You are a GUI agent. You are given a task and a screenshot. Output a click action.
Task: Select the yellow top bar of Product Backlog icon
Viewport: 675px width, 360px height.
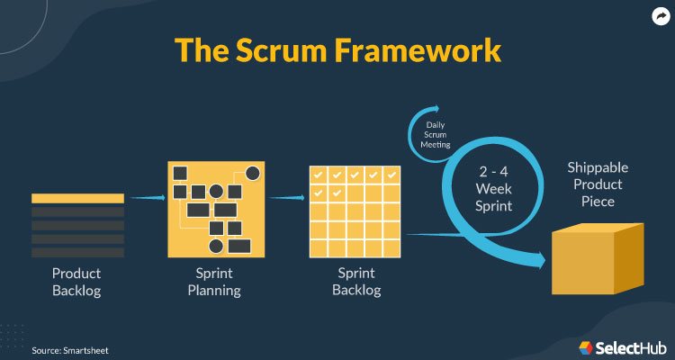point(77,197)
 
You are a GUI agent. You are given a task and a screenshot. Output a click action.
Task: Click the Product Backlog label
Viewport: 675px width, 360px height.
point(77,281)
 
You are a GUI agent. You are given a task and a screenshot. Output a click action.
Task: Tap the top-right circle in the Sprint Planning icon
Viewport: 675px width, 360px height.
point(253,173)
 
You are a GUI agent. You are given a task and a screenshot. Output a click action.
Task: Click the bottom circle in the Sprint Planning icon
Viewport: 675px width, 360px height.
point(216,246)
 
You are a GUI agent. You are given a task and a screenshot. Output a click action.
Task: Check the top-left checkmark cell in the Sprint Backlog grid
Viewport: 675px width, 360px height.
point(317,175)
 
